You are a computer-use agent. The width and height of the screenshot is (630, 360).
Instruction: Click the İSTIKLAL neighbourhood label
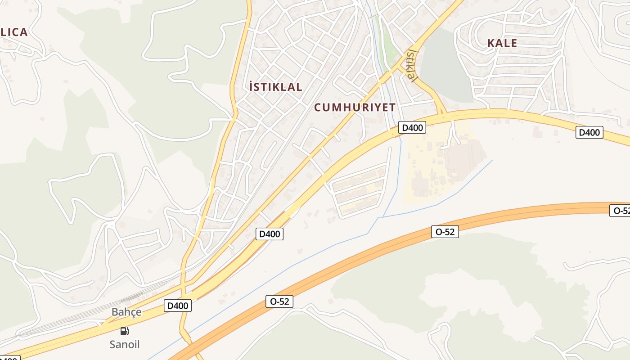[275, 87]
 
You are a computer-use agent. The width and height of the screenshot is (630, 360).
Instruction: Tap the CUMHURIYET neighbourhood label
[355, 107]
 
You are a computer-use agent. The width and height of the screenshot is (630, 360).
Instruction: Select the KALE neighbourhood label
[502, 43]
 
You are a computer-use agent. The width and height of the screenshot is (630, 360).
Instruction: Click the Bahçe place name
[126, 312]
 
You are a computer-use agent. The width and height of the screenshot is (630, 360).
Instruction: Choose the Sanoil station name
[125, 344]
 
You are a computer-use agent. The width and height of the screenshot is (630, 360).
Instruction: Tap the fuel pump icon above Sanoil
[124, 331]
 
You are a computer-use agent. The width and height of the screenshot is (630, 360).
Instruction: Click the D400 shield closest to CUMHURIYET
[412, 127]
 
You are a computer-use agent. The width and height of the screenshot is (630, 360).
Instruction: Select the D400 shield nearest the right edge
[589, 132]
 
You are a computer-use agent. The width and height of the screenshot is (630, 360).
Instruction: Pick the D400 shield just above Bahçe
[178, 306]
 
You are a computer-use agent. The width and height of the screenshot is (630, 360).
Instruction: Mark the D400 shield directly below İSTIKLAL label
[270, 234]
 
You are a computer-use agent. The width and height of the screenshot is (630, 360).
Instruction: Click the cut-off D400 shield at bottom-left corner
[9, 358]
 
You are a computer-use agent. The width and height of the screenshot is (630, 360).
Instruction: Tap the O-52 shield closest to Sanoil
[279, 301]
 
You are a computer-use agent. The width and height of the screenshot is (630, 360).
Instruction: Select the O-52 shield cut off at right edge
[620, 210]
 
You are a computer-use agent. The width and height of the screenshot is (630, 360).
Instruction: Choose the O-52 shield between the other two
[445, 232]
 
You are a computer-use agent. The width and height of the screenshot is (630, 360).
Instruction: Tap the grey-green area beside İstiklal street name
[445, 67]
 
